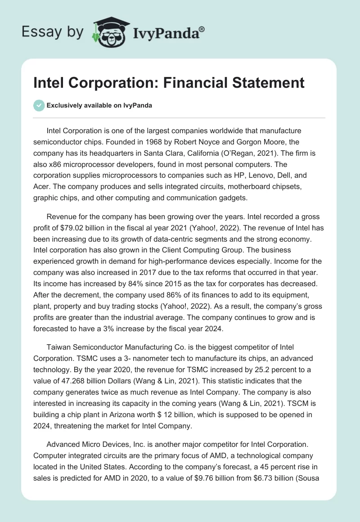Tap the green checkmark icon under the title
coord(39,105)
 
